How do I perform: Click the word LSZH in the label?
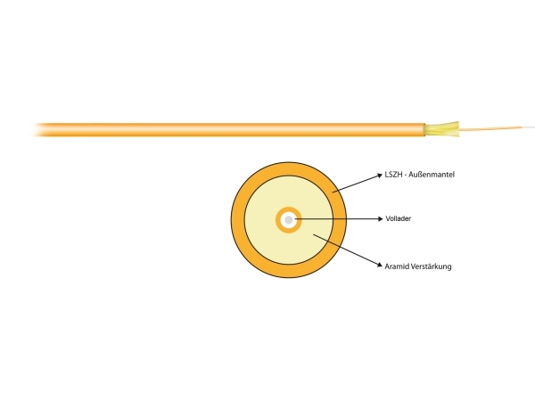pos(393,175)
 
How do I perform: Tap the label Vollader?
pos(399,218)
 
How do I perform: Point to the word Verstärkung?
pos(432,266)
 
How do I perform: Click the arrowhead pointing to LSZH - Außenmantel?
pos(380,176)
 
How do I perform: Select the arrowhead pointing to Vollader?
pos(381,219)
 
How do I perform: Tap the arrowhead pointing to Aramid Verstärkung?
pos(379,265)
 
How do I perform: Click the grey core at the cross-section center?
pos(289,220)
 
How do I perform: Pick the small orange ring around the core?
pos(289,209)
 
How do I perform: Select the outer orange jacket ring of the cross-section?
pos(289,168)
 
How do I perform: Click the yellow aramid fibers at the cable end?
pos(441,129)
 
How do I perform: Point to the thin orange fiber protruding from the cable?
pos(490,128)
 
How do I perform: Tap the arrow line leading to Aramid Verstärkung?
pos(348,250)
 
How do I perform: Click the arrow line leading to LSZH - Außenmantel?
pos(358,184)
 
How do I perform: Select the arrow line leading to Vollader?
pos(339,219)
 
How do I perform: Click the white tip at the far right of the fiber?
pos(529,127)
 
